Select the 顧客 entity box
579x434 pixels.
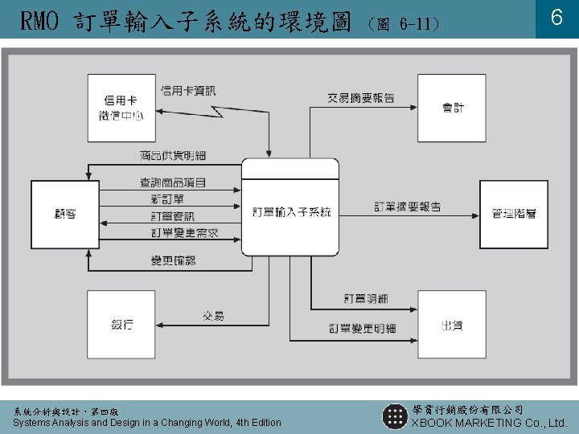65,214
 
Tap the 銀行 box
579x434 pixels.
121,325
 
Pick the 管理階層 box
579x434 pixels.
514,214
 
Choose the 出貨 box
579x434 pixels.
452,325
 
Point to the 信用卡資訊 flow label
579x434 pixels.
188,91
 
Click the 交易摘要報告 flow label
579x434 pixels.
361,98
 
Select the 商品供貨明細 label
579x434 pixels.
172,154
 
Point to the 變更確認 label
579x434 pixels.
173,260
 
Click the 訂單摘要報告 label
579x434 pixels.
408,207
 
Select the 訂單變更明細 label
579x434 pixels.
362,328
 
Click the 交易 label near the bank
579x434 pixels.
213,315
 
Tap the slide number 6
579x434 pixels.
556,18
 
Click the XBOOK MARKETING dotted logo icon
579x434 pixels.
394,416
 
